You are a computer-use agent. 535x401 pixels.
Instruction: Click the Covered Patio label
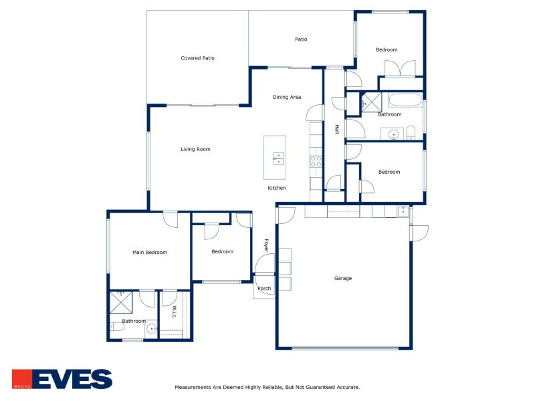[197, 58]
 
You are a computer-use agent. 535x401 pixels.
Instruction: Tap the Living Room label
[195, 149]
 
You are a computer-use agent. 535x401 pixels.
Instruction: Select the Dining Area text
[287, 97]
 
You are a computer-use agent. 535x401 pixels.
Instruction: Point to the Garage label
[343, 278]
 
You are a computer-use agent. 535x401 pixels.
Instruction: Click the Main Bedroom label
[150, 253]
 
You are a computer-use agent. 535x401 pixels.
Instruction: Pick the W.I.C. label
[174, 312]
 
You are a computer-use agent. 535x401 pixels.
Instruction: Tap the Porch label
[264, 289]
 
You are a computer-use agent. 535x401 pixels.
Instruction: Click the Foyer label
[266, 245]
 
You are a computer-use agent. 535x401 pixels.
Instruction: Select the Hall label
[337, 129]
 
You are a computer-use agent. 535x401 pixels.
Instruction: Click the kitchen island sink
[278, 158]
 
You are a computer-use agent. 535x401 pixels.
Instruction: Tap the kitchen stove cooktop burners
[316, 161]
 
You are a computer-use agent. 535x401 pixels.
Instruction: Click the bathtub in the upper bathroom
[405, 100]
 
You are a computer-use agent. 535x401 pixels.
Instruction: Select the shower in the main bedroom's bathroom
[121, 303]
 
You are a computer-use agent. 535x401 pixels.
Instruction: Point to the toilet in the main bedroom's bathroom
[117, 327]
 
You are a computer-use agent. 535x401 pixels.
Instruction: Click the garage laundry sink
[403, 211]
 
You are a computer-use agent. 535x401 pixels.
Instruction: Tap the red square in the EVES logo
[22, 379]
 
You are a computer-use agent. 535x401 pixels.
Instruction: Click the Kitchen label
[277, 188]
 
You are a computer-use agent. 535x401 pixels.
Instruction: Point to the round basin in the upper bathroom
[393, 134]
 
